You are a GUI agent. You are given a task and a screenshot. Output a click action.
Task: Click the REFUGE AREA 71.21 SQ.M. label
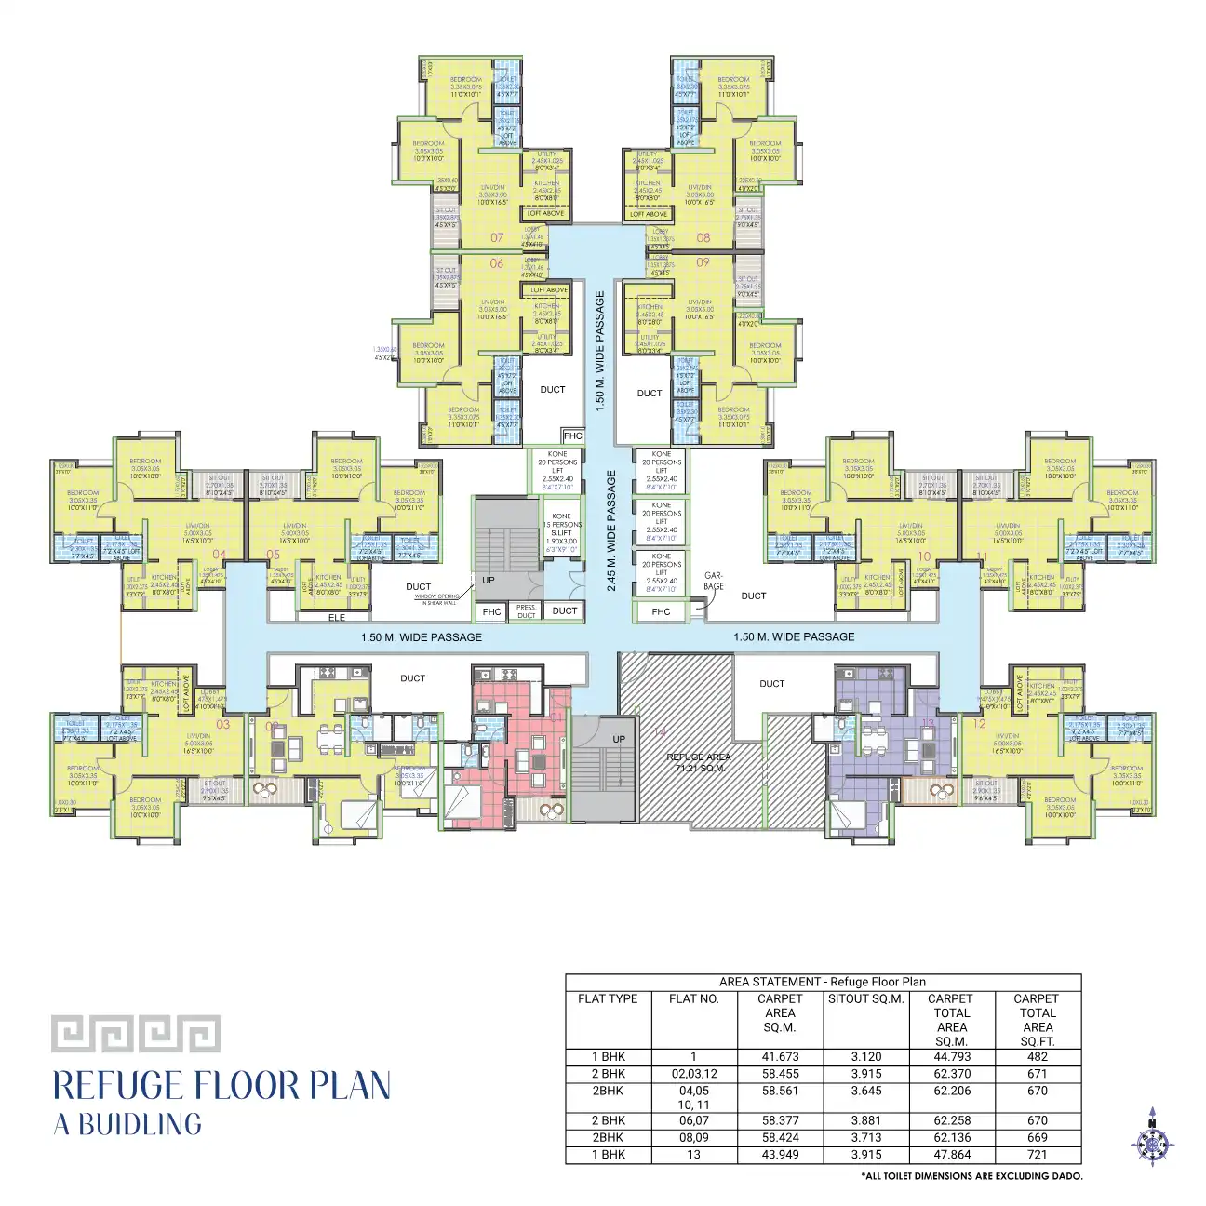point(698,762)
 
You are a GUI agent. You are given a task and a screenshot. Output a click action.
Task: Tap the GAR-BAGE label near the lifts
point(714,581)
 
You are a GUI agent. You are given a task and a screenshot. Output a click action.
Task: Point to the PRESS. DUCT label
point(527,611)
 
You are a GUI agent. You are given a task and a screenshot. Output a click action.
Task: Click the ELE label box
point(337,617)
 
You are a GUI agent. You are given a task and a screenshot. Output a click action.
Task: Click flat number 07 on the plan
point(497,238)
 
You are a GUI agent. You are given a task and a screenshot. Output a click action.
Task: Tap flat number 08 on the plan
point(703,238)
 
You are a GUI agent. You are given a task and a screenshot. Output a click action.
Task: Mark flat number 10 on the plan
point(924,556)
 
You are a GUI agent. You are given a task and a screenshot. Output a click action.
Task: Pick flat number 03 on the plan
point(223,724)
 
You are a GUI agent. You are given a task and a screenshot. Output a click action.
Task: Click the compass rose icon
point(1152,1136)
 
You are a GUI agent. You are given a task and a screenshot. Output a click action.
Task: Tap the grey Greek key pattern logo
point(136,1034)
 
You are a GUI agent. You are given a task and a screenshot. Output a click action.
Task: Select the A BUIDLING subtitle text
point(127,1124)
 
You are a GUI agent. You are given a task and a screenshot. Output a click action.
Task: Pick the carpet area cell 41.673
point(780,1057)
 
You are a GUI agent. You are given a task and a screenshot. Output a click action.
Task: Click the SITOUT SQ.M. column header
point(865,999)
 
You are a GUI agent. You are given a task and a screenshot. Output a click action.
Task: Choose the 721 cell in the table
point(1037,1155)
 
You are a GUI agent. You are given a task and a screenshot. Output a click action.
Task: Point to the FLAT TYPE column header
point(608,999)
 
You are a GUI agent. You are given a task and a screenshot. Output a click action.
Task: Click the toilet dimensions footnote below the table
point(972,1176)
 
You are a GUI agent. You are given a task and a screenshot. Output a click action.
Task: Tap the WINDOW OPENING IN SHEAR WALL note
point(436,599)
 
